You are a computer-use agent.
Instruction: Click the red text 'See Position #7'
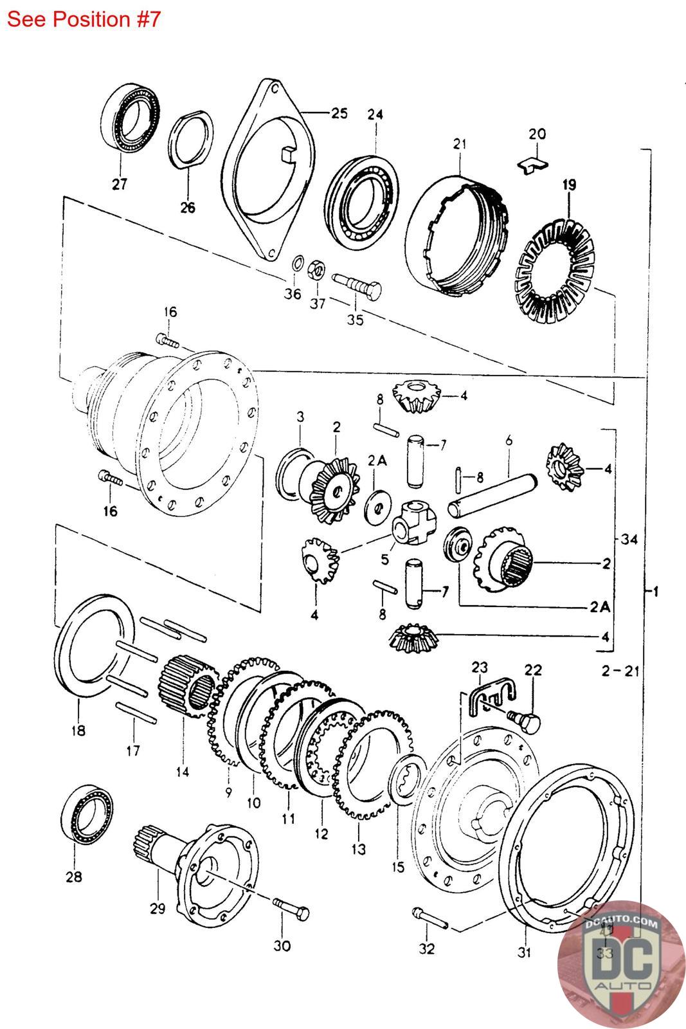point(83,19)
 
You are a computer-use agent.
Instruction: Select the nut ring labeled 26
point(191,141)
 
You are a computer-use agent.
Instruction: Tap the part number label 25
point(339,113)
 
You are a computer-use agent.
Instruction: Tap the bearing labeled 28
point(89,815)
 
